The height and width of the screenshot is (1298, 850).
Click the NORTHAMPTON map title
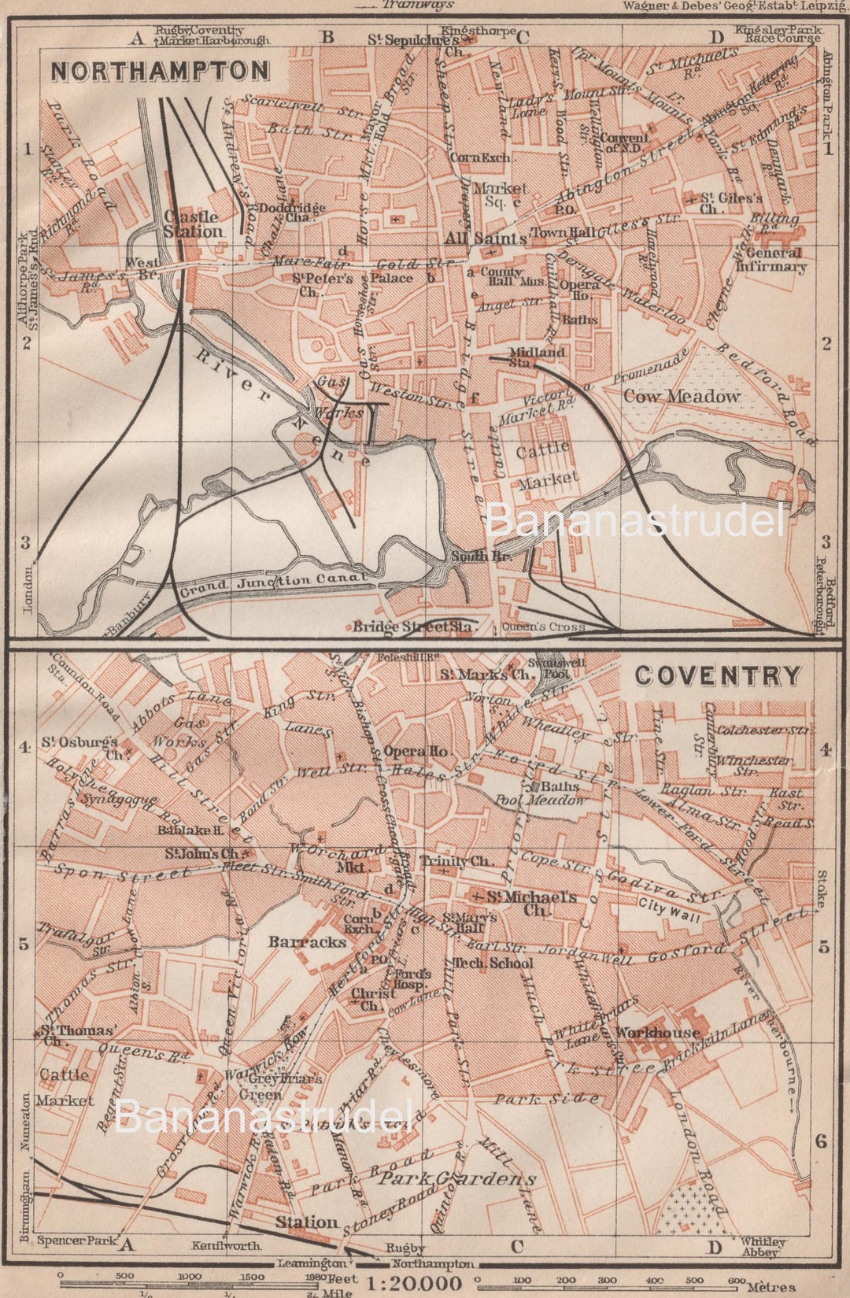[x=160, y=71]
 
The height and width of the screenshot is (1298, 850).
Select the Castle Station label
[x=193, y=224]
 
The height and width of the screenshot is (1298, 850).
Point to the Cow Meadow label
[x=682, y=397]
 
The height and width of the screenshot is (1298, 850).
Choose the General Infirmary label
[x=771, y=260]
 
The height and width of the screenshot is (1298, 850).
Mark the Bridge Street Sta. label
[x=412, y=627]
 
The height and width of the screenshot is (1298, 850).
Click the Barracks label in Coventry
[x=307, y=941]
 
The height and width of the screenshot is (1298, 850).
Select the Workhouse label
[x=658, y=1032]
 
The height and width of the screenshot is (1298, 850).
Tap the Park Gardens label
[x=458, y=1178]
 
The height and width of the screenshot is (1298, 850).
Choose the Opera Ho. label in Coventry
[x=416, y=751]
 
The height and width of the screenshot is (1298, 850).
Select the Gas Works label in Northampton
[x=340, y=398]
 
